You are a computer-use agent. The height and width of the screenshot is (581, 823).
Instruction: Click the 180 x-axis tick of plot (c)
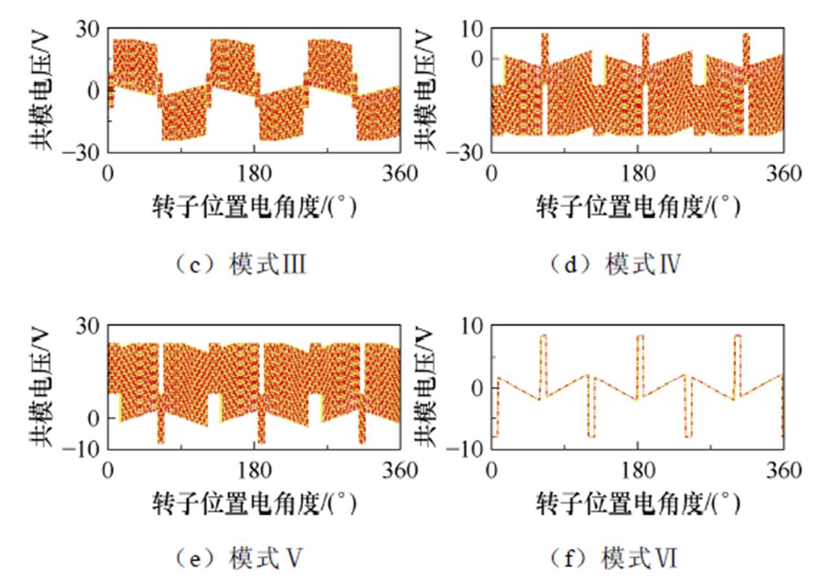click(254, 173)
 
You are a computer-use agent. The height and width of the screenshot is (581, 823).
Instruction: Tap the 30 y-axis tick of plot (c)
click(88, 28)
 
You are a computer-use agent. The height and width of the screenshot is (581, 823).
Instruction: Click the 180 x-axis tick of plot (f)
click(638, 470)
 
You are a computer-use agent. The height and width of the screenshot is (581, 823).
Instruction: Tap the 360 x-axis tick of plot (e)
click(400, 470)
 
